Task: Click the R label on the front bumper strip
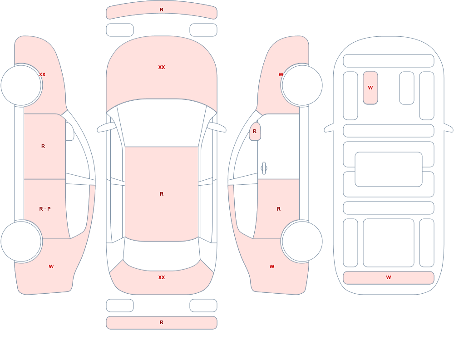pyautogui.click(x=162, y=10)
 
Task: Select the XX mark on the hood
pyautogui.click(x=162, y=67)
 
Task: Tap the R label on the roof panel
pyautogui.click(x=162, y=194)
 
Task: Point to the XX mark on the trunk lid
pyautogui.click(x=162, y=277)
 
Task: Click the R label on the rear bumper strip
pyautogui.click(x=162, y=322)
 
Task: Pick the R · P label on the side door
pyautogui.click(x=45, y=209)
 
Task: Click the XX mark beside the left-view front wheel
pyautogui.click(x=42, y=74)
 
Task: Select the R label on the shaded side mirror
pyautogui.click(x=255, y=131)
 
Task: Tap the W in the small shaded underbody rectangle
pyautogui.click(x=370, y=88)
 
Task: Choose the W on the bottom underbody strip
pyautogui.click(x=389, y=277)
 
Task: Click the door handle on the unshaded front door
pyautogui.click(x=264, y=168)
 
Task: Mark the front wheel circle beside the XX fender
pyautogui.click(x=21, y=85)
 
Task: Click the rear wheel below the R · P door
pyautogui.click(x=21, y=241)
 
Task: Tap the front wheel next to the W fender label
pyautogui.click(x=302, y=85)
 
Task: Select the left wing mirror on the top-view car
pyautogui.click(x=106, y=128)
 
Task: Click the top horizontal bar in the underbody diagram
pyautogui.click(x=389, y=61)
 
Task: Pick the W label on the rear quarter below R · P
pyautogui.click(x=51, y=266)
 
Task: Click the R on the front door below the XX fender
pyautogui.click(x=43, y=146)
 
